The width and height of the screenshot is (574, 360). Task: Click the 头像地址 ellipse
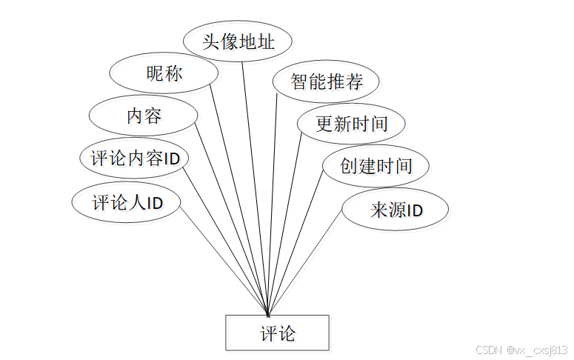pyautogui.click(x=238, y=41)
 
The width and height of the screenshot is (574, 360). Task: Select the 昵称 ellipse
pyautogui.click(x=164, y=73)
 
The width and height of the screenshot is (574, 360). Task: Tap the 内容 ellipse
pyautogui.click(x=143, y=116)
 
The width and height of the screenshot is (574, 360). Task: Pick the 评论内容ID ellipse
pyautogui.click(x=134, y=159)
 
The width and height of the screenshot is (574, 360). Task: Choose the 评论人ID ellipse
pyautogui.click(x=127, y=202)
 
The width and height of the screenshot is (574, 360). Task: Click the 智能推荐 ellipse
pyautogui.click(x=326, y=81)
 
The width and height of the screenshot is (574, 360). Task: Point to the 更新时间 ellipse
pyautogui.click(x=351, y=123)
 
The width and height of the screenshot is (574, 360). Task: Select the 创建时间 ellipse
pyautogui.click(x=376, y=165)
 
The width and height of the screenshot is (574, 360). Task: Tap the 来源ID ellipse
pyautogui.click(x=396, y=210)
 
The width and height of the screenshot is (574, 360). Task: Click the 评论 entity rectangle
pyautogui.click(x=277, y=333)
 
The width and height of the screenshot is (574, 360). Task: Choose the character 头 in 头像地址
pyautogui.click(x=211, y=41)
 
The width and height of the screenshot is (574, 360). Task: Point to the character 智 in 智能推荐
pyautogui.click(x=299, y=81)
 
